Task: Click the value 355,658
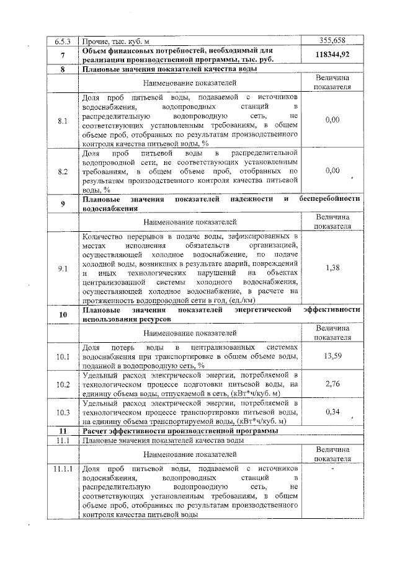[332, 42]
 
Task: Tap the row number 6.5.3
[63, 42]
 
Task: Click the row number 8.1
[62, 120]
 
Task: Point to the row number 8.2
[62, 170]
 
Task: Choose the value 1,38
[332, 268]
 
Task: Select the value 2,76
[332, 384]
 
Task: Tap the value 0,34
[332, 412]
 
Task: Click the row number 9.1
[62, 268]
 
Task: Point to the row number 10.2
[62, 384]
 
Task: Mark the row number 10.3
[62, 412]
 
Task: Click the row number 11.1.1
[62, 469]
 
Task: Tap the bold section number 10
[62, 314]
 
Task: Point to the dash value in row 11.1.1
[332, 469]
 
